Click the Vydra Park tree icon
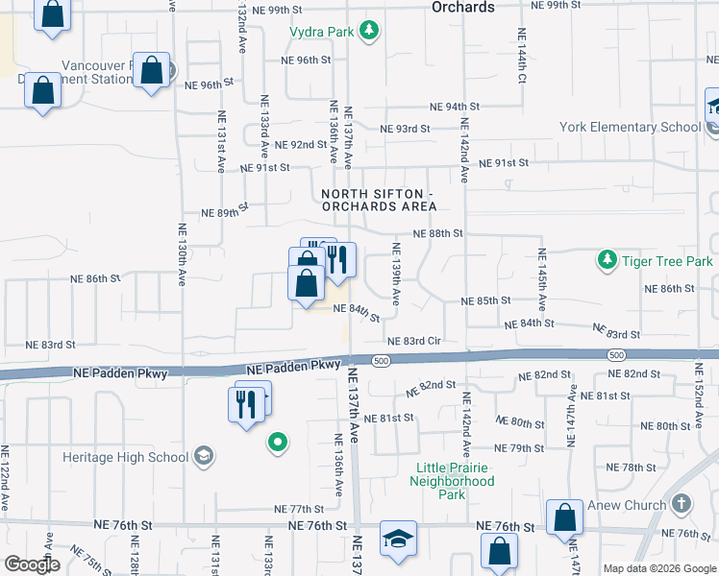(368, 33)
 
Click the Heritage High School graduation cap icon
(203, 455)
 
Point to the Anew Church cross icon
(681, 504)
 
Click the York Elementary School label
(631, 128)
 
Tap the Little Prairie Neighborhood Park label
(455, 481)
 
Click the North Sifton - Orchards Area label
(379, 201)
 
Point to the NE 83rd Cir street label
(413, 341)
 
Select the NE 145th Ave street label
(542, 278)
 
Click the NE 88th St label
(438, 233)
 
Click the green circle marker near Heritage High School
(278, 443)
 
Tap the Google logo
(32, 564)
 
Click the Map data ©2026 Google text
(658, 568)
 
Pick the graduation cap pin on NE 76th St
(398, 540)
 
